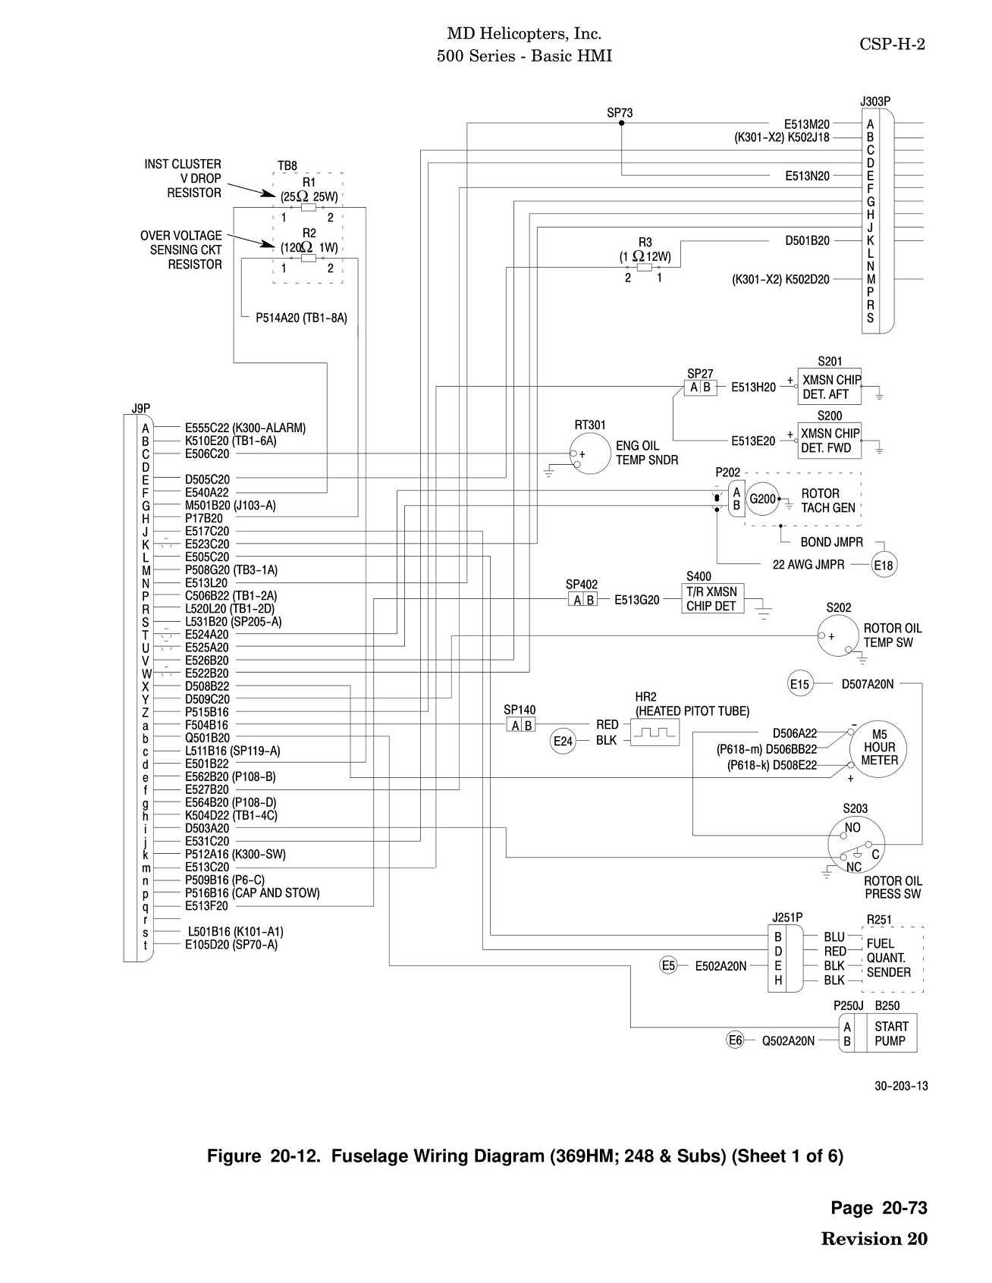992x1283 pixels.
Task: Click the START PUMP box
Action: [x=886, y=1034]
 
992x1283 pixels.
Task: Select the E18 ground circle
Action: [x=884, y=566]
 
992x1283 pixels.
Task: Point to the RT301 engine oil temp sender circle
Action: [x=591, y=454]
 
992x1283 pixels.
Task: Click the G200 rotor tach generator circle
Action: [x=763, y=499]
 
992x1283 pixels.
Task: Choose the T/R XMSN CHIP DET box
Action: [x=712, y=598]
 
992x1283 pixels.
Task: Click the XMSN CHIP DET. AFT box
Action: [x=830, y=387]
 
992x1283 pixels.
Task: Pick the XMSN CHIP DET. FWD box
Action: [x=830, y=441]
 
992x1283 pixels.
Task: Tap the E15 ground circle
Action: [x=800, y=685]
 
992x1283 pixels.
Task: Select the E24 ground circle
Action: [x=563, y=741]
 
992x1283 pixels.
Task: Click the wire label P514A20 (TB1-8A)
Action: [x=301, y=318]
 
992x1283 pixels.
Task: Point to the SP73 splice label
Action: [x=620, y=113]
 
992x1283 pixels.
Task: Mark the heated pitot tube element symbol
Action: [x=655, y=732]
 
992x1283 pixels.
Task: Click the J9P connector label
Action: [x=141, y=408]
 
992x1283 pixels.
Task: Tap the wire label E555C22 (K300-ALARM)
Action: [x=246, y=428]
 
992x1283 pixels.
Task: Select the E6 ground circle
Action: [x=735, y=1040]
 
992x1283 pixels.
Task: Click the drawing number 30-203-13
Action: [x=901, y=1086]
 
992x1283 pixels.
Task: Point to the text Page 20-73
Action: [x=879, y=1208]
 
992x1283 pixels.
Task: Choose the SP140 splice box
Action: [x=520, y=726]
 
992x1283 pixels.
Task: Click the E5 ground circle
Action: [x=668, y=966]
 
